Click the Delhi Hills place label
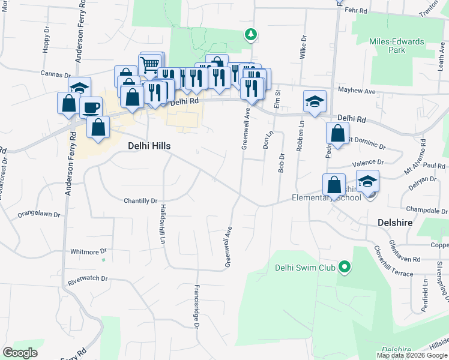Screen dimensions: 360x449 pos(149,146)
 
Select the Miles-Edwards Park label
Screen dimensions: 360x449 pos(397,46)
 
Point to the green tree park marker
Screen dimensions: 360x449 pos(251,35)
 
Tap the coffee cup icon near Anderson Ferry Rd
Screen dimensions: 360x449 pos(91,107)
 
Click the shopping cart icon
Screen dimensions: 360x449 pos(150,64)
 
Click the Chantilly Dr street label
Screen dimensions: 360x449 pos(140,201)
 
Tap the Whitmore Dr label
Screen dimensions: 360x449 pos(88,251)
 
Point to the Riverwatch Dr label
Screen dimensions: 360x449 pos(88,279)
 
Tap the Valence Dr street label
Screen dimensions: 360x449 pos(367,163)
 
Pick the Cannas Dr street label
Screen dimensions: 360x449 pos(56,74)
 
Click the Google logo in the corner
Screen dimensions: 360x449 pos(20,352)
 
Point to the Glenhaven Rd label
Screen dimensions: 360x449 pos(405,259)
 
